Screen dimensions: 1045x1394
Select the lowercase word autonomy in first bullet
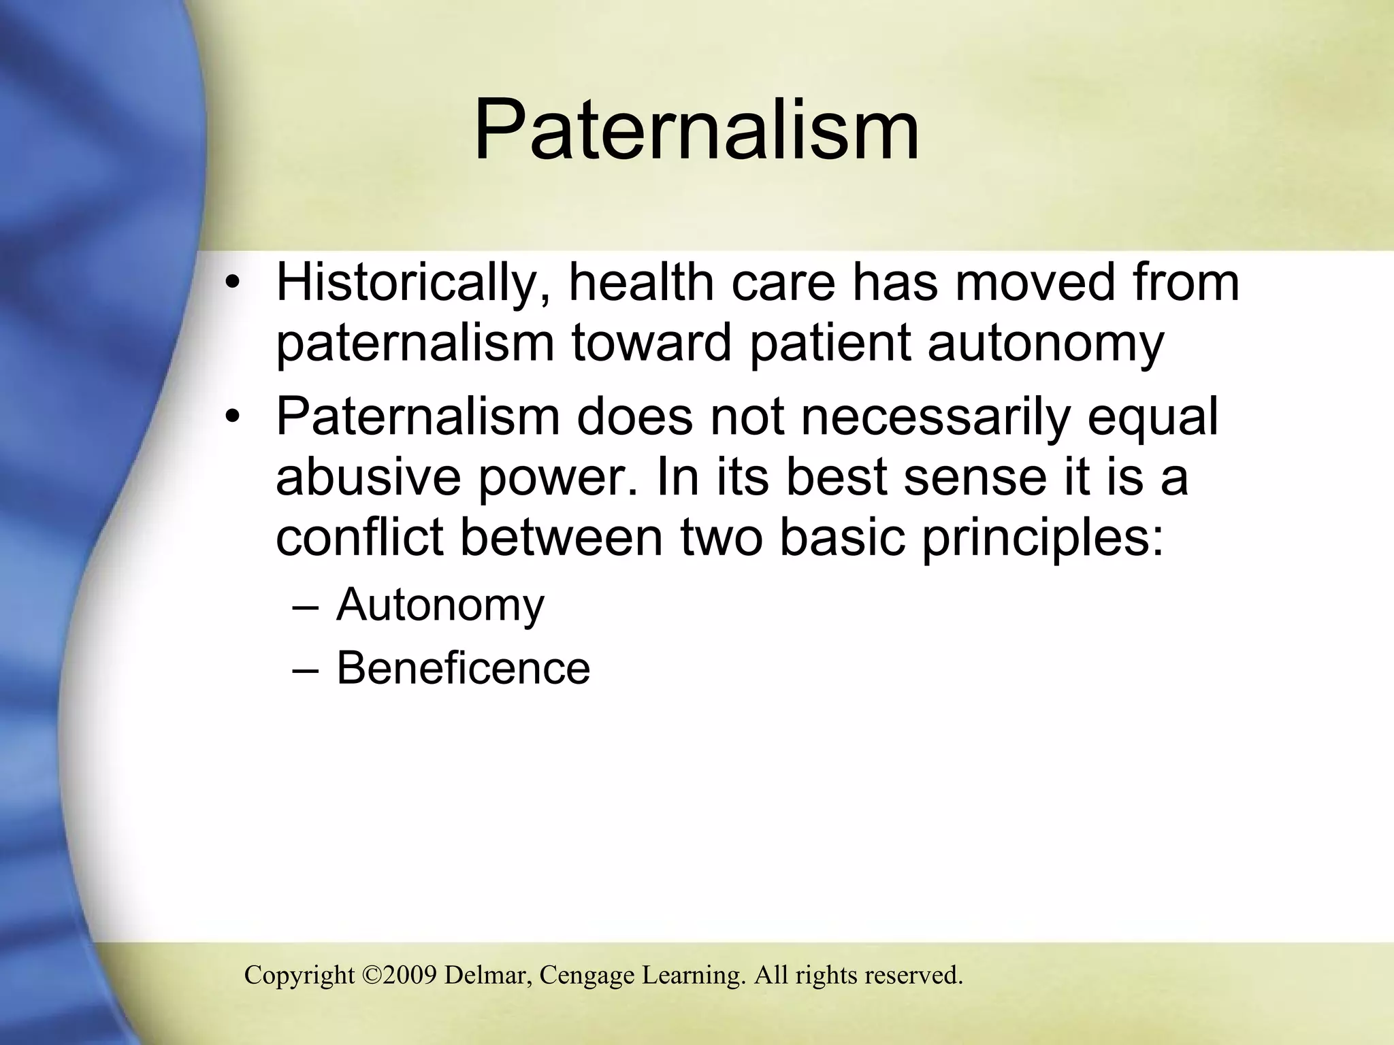[x=1045, y=344]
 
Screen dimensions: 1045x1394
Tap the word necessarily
[x=935, y=416]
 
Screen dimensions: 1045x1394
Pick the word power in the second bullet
[x=558, y=478]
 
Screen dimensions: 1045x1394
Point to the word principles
[x=1041, y=538]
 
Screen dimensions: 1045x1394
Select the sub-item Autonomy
[x=440, y=605]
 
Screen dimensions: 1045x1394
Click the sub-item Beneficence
[x=463, y=667]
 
